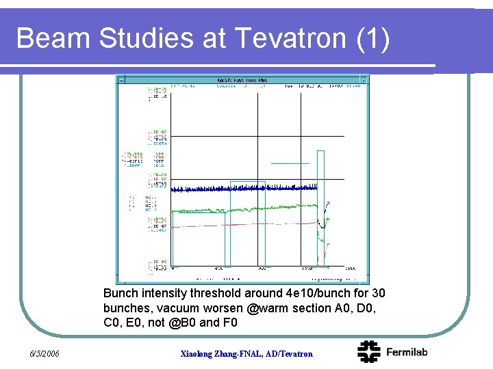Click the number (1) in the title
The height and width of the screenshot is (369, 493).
373,38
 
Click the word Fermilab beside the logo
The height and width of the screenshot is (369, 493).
407,352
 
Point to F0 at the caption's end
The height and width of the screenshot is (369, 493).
230,322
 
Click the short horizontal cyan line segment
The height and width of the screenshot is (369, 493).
290,163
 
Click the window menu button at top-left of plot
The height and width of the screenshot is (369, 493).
121,80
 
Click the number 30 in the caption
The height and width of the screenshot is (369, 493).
377,293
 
